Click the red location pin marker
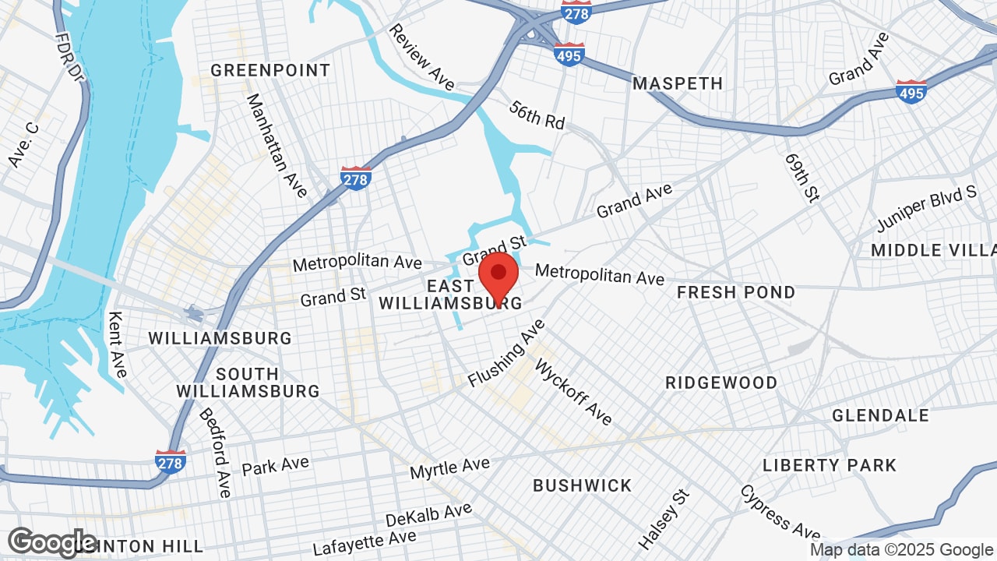498,277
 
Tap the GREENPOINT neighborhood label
270,70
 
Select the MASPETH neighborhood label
677,83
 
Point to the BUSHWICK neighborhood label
582,485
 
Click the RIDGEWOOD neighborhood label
720,383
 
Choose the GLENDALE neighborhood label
880,415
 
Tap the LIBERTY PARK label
830,465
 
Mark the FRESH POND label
735,292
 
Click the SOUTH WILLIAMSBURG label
248,383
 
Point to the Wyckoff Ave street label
573,392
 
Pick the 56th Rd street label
537,115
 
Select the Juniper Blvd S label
926,208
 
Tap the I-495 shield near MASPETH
569,54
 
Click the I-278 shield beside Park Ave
170,461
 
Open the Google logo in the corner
52,542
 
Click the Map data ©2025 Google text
901,550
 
